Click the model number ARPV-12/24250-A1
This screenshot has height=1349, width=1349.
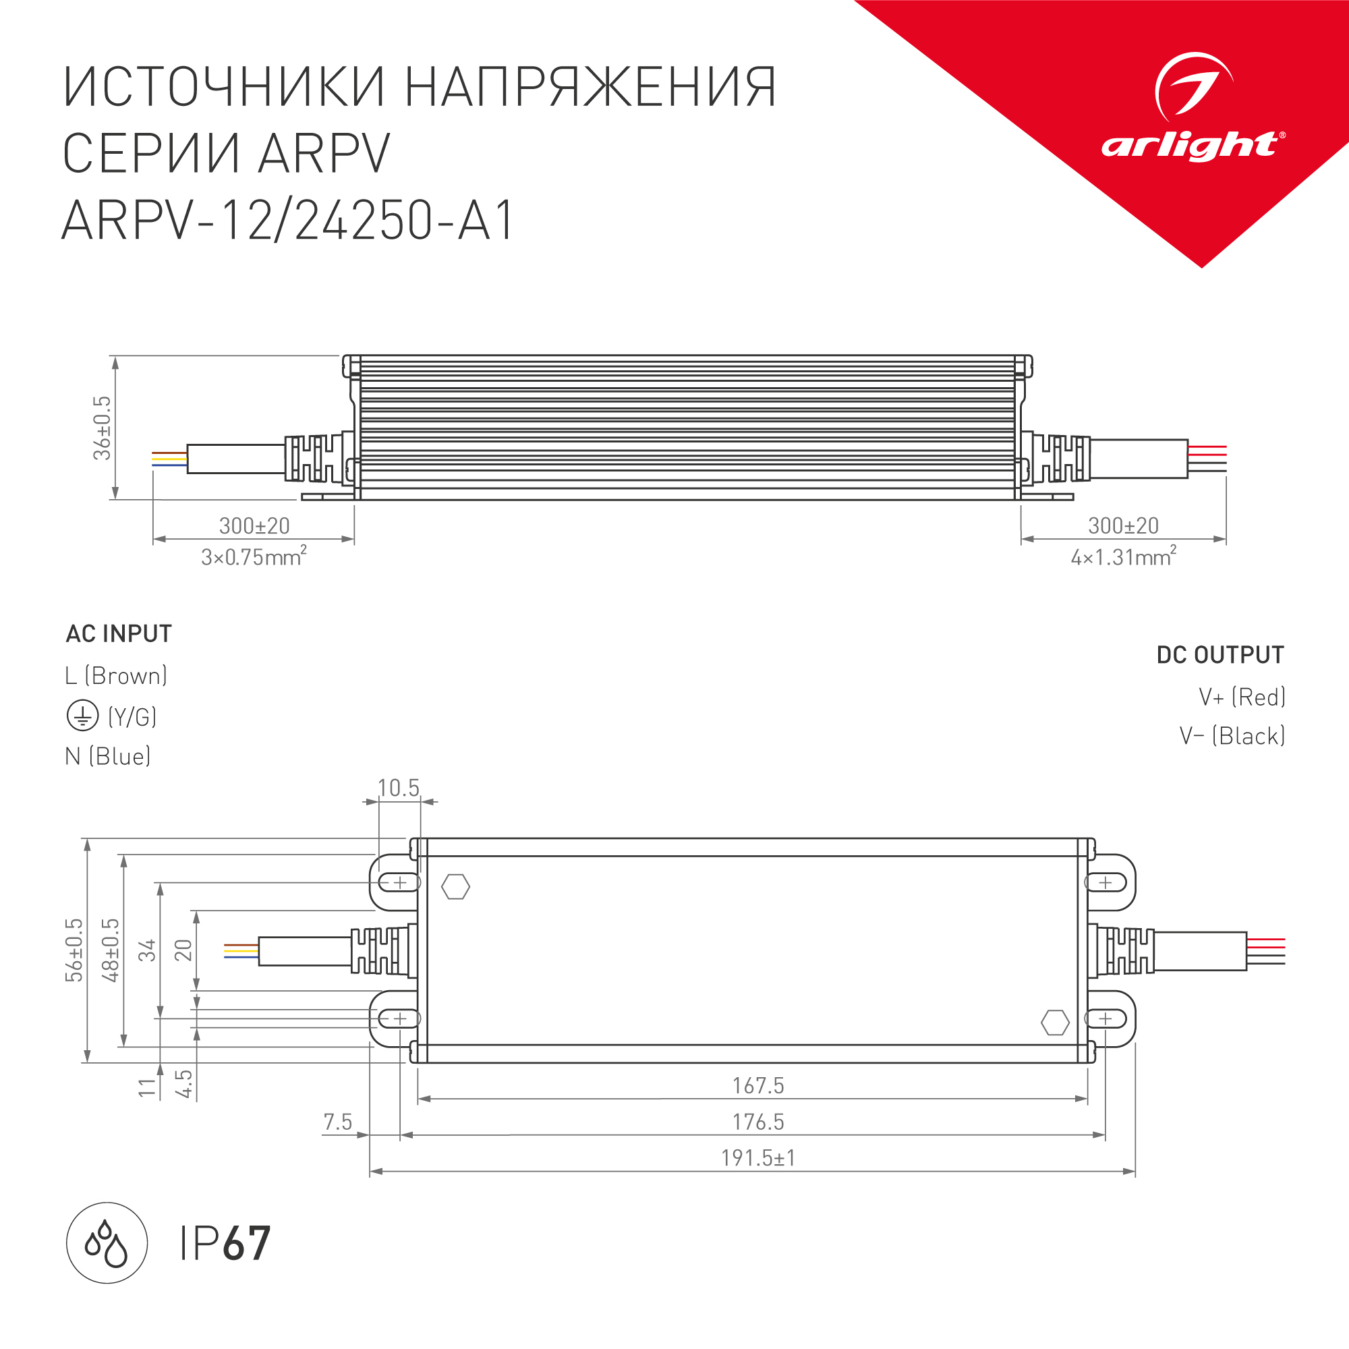(x=289, y=221)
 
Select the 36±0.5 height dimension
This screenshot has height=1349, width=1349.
(x=103, y=428)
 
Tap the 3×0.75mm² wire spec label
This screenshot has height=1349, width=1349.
(x=254, y=557)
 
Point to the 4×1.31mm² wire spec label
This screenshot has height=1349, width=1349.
(x=1124, y=557)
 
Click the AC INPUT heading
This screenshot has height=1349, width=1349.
(x=119, y=634)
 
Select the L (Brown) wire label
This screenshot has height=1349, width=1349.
(x=116, y=676)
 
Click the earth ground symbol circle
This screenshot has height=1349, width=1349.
(x=82, y=716)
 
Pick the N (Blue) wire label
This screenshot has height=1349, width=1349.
(x=108, y=756)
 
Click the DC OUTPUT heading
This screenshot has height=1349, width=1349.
(x=1219, y=655)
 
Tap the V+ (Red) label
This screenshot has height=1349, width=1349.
(x=1242, y=697)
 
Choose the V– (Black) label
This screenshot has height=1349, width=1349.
(x=1232, y=736)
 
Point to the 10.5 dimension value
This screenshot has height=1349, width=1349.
(x=399, y=788)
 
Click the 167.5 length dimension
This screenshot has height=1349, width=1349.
(x=757, y=1086)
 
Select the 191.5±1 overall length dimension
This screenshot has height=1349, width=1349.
(x=757, y=1158)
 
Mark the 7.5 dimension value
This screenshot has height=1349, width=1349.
(x=338, y=1122)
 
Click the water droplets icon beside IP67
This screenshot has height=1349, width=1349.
(x=107, y=1243)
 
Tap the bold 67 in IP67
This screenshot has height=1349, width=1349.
(x=246, y=1244)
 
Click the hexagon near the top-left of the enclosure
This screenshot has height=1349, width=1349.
(x=456, y=887)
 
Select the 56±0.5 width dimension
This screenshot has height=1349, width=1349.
(x=74, y=950)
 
